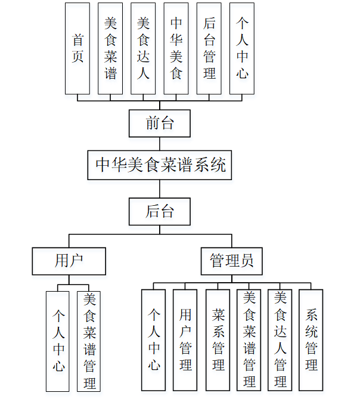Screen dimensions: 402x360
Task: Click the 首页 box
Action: (77, 48)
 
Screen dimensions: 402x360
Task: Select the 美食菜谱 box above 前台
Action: (110, 48)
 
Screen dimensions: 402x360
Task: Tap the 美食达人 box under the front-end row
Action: (143, 48)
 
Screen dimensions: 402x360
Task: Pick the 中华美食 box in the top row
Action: (176, 48)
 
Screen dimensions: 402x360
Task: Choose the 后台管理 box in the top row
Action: (209, 48)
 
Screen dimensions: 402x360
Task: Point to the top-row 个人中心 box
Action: (242, 48)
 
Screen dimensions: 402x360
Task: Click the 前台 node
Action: (160, 123)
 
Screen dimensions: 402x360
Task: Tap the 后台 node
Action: (160, 211)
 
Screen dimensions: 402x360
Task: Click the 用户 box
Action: (69, 261)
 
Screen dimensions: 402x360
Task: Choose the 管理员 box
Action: (232, 261)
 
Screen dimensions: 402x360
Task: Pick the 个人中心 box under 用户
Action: (58, 341)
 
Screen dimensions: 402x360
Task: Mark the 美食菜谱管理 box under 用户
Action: (89, 341)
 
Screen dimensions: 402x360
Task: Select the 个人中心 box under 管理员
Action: (154, 340)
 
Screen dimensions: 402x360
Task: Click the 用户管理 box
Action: (185, 340)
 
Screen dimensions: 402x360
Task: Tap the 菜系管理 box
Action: (218, 340)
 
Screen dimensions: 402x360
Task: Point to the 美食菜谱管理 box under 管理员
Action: (249, 340)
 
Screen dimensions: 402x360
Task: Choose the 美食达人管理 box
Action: (280, 340)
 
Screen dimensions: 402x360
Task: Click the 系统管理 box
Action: (311, 340)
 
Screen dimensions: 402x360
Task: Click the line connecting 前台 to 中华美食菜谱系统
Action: (160, 144)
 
